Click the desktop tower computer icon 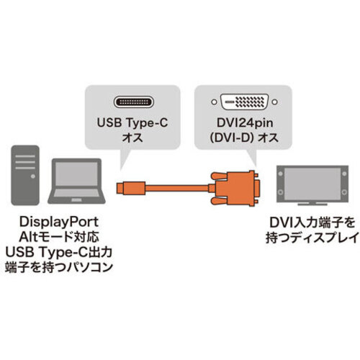(x=25, y=175)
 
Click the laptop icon (x=76, y=181)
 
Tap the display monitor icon (x=312, y=185)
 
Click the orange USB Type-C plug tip (x=120, y=188)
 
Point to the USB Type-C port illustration (x=133, y=102)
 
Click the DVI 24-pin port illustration (x=244, y=102)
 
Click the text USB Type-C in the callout (x=132, y=122)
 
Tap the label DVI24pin (x=245, y=123)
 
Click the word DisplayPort (x=59, y=222)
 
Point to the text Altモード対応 (x=59, y=237)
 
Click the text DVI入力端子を (x=312, y=222)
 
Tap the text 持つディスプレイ (x=312, y=238)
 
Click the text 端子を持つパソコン (x=59, y=267)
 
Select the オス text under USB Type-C (x=132, y=138)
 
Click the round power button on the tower (x=33, y=176)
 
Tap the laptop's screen (x=76, y=174)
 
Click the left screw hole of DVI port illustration (x=214, y=102)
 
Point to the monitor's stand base (x=312, y=204)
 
